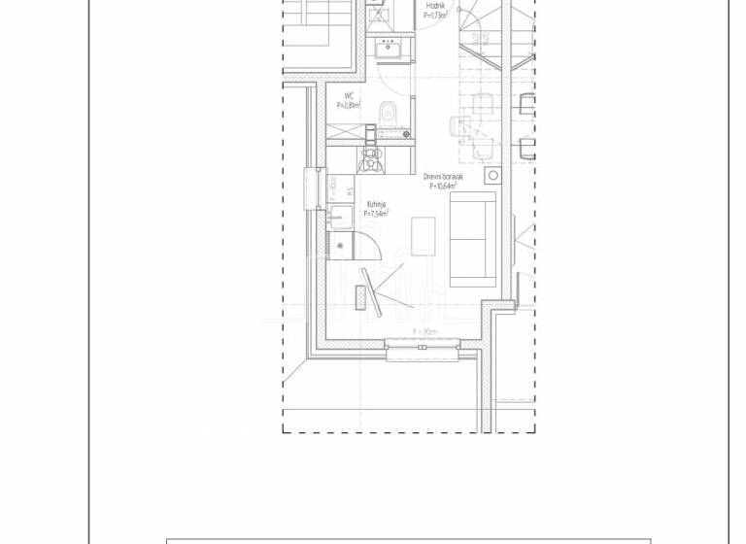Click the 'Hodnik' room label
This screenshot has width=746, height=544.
tap(435, 6)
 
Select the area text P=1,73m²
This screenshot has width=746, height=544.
tap(435, 16)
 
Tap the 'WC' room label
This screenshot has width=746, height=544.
tap(348, 96)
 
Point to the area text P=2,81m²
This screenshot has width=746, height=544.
tap(348, 106)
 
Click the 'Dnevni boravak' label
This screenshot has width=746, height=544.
tap(443, 177)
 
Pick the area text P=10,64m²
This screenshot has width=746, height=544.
tap(443, 187)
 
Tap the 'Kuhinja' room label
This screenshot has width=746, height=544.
tap(376, 205)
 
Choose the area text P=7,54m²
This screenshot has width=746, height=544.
tap(376, 215)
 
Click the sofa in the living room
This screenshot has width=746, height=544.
tap(473, 239)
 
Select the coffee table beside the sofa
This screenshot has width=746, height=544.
tap(423, 236)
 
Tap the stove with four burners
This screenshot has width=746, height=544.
tap(370, 158)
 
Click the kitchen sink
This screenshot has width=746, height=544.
tap(341, 217)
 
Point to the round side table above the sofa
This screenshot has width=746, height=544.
tap(492, 176)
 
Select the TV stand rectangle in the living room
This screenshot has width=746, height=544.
tap(361, 297)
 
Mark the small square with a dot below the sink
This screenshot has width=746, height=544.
tap(340, 247)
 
